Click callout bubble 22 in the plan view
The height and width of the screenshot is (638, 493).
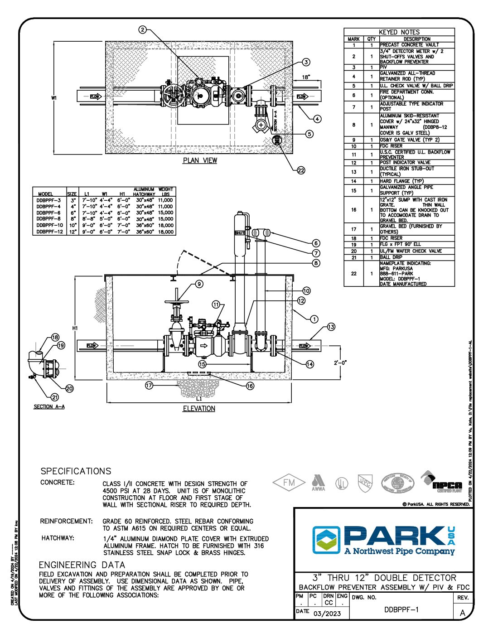tap(301, 170)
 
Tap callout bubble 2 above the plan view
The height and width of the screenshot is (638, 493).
tap(143, 30)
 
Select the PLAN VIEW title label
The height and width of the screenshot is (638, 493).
tap(200, 160)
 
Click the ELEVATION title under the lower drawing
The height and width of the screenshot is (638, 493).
tap(199, 409)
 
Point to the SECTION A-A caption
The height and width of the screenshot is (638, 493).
tap(49, 406)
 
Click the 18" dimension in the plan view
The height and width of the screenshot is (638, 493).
tap(306, 77)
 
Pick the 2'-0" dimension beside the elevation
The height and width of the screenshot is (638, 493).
tap(341, 362)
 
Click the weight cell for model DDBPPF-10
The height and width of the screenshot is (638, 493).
tap(166, 225)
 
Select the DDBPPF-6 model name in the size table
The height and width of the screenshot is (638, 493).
tap(48, 213)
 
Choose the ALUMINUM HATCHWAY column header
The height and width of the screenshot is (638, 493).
tap(144, 192)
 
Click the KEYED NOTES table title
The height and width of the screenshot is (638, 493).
tap(399, 32)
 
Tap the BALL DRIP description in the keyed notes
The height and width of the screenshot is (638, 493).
tap(391, 257)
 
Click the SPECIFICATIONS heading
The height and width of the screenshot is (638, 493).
tap(76, 471)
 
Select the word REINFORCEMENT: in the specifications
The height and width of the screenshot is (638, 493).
tap(66, 521)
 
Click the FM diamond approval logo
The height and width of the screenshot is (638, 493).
tap(289, 483)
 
